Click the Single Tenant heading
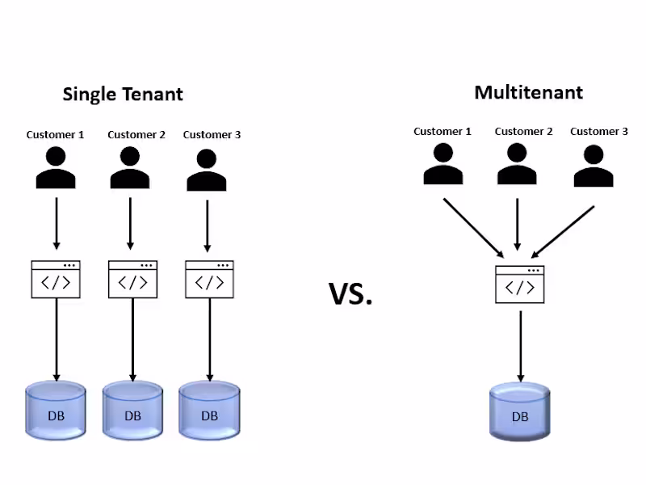click(x=123, y=94)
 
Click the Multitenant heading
click(x=528, y=92)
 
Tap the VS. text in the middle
click(x=350, y=294)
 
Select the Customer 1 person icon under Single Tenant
click(x=56, y=168)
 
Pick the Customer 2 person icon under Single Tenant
click(x=131, y=168)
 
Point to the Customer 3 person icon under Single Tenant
click(x=208, y=169)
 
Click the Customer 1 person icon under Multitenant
click(x=443, y=164)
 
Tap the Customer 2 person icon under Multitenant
click(x=518, y=164)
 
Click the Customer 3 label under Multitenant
click(x=599, y=131)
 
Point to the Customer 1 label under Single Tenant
click(x=55, y=135)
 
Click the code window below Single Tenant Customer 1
click(x=56, y=279)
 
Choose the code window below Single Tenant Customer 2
click(x=132, y=279)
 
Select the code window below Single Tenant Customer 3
click(x=209, y=279)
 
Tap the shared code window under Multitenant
click(x=519, y=285)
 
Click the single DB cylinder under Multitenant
click(x=519, y=412)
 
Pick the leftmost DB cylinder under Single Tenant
click(x=56, y=411)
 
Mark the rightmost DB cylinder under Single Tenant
click(x=209, y=411)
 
